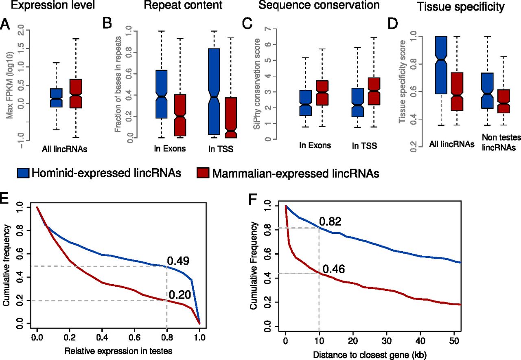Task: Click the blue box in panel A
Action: coord(57,98)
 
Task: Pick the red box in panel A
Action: coord(75,94)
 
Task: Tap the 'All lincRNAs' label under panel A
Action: coord(65,149)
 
